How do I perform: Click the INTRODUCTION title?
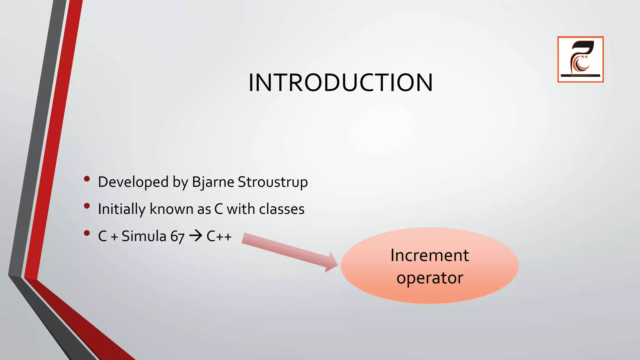coord(341,82)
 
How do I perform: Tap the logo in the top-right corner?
coord(580,59)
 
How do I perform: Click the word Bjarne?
coord(213,182)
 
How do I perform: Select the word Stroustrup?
coord(272,182)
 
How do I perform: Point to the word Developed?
coord(133,182)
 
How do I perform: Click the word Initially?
coord(122,209)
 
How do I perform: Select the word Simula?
coord(144,236)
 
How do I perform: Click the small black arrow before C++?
coord(196,236)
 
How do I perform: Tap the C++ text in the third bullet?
coord(219,236)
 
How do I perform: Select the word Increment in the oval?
coord(429,255)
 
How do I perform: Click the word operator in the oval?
coord(430,278)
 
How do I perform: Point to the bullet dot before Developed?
coord(87,179)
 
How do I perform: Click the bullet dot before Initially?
coord(87,206)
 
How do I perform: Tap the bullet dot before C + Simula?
coord(87,233)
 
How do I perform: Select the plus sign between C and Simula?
coord(114,237)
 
